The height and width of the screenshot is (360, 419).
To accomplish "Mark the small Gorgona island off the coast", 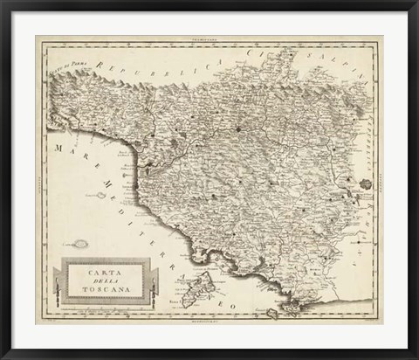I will [x=102, y=195].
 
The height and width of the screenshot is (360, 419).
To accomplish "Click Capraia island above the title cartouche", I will [x=82, y=245].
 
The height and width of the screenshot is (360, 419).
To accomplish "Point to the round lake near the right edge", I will [x=364, y=184].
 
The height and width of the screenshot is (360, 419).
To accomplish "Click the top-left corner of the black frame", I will [x=3, y=3].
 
